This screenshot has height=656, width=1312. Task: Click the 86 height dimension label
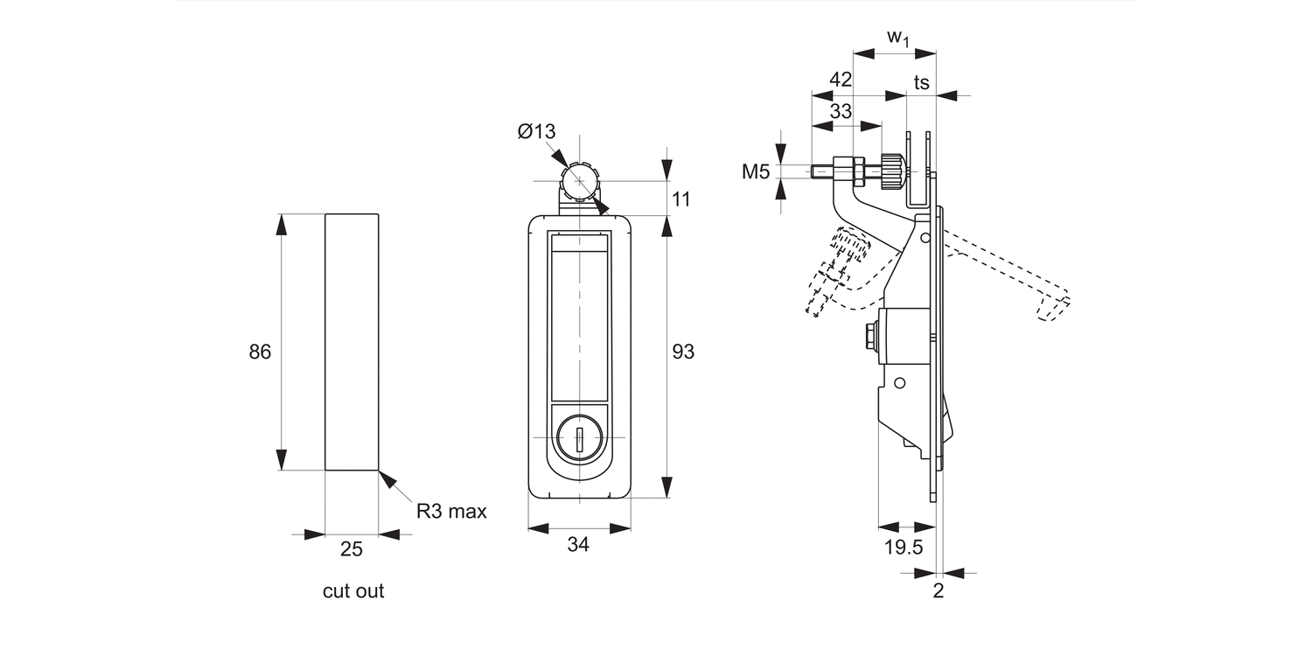click(x=261, y=352)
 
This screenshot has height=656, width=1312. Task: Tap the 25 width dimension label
click(x=352, y=549)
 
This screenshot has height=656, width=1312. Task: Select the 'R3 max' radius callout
click(x=451, y=512)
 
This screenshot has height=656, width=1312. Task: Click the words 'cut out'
click(x=353, y=591)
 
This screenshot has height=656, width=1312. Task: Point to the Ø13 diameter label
click(x=536, y=132)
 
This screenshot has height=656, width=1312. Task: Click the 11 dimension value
click(x=680, y=199)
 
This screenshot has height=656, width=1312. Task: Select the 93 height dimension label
click(x=683, y=352)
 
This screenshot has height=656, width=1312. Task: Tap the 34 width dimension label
click(x=578, y=545)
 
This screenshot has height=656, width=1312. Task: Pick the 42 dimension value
click(x=841, y=80)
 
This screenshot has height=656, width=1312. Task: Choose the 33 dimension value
click(x=841, y=111)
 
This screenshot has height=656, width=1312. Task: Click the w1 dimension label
click(x=897, y=37)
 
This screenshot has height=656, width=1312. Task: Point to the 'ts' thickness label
click(x=921, y=82)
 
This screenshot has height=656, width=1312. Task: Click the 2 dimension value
click(x=939, y=590)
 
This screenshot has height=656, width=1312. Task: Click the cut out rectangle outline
click(x=352, y=341)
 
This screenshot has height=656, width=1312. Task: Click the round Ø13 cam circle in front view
click(x=578, y=181)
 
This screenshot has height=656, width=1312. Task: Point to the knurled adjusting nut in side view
click(x=892, y=171)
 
